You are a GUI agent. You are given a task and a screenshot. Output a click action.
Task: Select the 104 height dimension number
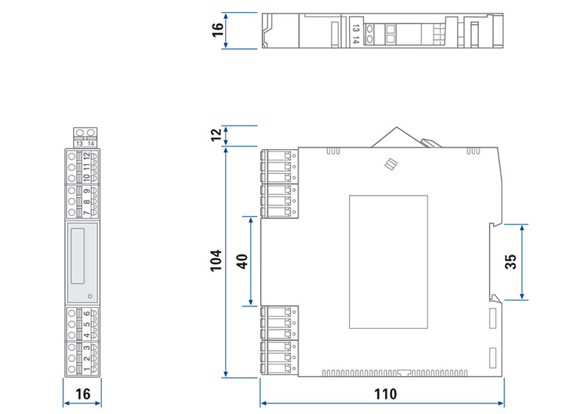point(217,261)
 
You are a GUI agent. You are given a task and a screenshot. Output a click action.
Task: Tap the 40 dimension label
point(242,261)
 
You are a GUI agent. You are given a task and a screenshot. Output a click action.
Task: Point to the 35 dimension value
point(510,262)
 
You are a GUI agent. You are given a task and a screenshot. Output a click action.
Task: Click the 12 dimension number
point(217,135)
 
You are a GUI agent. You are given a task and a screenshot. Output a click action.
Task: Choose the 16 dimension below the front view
point(82,394)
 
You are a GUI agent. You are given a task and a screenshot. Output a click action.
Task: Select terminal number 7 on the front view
point(87,213)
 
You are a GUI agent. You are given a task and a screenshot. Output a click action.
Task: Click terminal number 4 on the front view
point(87,335)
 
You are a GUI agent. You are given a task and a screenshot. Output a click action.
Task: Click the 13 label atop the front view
point(78,143)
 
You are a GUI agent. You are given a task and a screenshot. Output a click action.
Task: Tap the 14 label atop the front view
point(90,143)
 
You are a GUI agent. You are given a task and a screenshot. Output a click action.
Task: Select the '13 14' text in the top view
point(356,34)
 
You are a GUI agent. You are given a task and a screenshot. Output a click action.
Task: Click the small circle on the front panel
point(90,295)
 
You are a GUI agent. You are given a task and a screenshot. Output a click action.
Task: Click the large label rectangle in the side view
point(388,262)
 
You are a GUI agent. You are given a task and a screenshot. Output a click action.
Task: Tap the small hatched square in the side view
point(390,164)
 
